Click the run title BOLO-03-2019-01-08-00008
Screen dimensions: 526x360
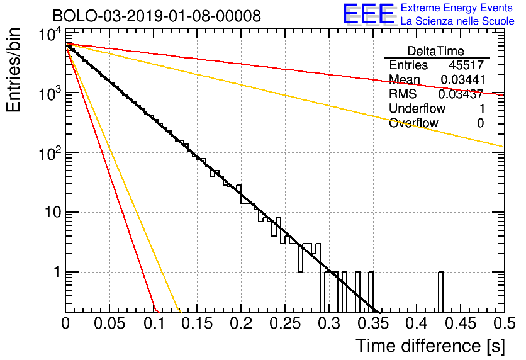click(x=157, y=16)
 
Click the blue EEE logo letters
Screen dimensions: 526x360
click(x=368, y=14)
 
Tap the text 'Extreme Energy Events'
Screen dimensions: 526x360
click(x=457, y=8)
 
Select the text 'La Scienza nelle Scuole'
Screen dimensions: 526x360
click(x=457, y=21)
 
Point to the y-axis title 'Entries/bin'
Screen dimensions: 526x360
click(x=14, y=70)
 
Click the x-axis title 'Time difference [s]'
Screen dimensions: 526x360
click(x=430, y=346)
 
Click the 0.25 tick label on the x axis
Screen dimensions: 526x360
click(x=285, y=323)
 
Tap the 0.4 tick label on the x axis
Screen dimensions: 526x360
click(x=417, y=323)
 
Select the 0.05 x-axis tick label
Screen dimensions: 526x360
click(x=109, y=323)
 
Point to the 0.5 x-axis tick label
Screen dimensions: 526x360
click(x=504, y=323)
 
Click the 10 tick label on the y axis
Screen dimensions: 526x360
click(x=53, y=212)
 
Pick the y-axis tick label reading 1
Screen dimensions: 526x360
click(x=57, y=272)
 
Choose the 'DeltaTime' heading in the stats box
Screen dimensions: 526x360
click(x=435, y=51)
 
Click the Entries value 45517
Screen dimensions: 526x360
click(x=466, y=65)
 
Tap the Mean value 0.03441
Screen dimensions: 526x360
click(x=462, y=79)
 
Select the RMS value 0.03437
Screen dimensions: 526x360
click(x=461, y=94)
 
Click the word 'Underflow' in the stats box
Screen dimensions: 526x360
click(x=417, y=108)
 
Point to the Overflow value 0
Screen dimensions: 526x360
click(x=481, y=123)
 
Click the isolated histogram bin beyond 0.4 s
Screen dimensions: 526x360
click(x=440, y=292)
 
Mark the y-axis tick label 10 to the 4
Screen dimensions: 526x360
click(x=50, y=35)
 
